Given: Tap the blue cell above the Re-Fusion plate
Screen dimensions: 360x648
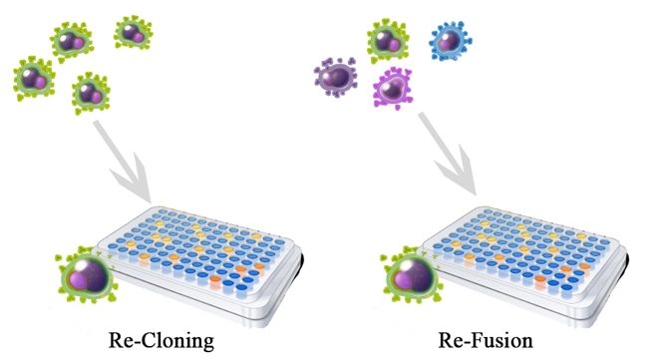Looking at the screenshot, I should tap(451, 41).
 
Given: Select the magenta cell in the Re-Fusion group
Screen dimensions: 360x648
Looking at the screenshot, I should tap(394, 88).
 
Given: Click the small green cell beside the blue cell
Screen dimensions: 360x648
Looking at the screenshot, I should tap(388, 41).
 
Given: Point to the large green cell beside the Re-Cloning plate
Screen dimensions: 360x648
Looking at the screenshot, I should tap(88, 275).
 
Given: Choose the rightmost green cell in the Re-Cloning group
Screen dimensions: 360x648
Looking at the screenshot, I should tap(133, 33).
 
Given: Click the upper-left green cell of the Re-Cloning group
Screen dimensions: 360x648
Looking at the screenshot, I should tap(70, 41).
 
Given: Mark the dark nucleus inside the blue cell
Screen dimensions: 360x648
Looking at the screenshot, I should tap(448, 40).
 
